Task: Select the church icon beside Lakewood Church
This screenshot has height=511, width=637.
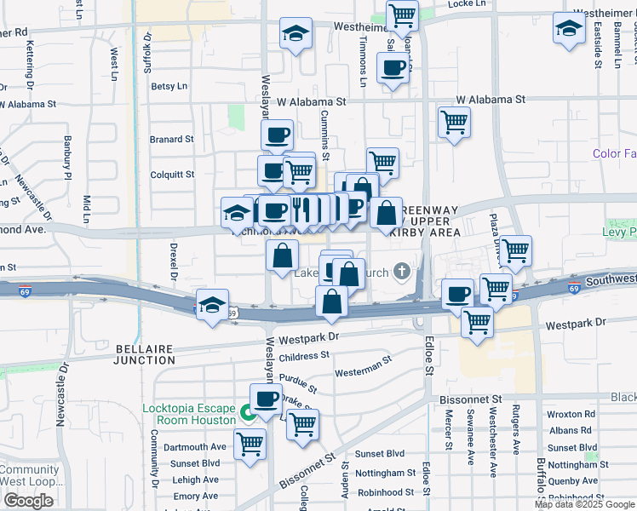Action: (401, 273)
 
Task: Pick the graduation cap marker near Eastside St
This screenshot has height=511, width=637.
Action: (569, 28)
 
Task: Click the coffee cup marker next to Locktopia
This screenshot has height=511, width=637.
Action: (266, 397)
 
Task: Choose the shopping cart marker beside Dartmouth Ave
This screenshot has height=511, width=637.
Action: (250, 443)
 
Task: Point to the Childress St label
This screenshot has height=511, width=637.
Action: (303, 356)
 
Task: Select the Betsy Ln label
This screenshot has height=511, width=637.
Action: (169, 86)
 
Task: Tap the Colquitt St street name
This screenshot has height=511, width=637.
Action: (171, 175)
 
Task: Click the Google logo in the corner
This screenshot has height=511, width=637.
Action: (28, 501)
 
